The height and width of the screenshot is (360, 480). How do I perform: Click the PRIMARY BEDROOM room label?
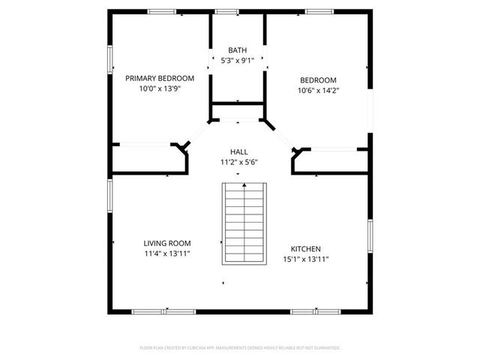(160, 78)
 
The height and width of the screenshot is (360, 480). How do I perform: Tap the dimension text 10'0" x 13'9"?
(160, 88)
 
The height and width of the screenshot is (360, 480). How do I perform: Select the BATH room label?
(237, 50)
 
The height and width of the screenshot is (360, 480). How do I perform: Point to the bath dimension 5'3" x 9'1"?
(237, 61)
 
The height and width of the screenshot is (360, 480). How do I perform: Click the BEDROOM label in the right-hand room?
(318, 80)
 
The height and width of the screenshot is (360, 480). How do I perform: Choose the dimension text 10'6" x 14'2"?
(318, 91)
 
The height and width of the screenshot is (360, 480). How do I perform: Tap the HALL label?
(239, 151)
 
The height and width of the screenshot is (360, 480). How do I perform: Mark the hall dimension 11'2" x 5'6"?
(239, 162)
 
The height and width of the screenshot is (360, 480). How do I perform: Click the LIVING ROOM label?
(166, 243)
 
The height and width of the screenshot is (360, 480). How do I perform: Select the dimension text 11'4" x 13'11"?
(166, 253)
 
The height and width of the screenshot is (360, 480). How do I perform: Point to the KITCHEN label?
(306, 249)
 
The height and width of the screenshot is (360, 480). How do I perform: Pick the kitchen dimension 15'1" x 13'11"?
(306, 259)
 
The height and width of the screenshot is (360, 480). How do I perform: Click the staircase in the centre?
(244, 223)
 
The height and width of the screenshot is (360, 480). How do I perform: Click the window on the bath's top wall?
(226, 11)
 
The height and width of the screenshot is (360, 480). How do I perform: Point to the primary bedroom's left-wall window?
(110, 58)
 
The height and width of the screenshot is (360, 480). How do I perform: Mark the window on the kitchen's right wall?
(369, 235)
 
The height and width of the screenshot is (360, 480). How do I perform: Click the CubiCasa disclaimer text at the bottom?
(240, 348)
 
